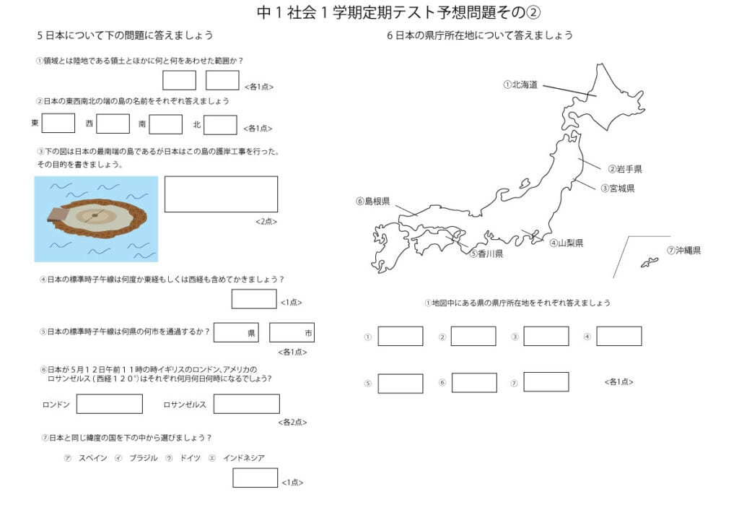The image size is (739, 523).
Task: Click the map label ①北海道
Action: coord(520,85)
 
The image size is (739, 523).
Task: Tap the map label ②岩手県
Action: coord(625,169)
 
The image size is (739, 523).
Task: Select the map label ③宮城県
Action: coord(618,189)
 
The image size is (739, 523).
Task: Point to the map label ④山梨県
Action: coord(566,243)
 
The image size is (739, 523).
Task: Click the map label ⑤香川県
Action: coord(486,254)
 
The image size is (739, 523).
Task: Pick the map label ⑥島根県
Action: coord(373,202)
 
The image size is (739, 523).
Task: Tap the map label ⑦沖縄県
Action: coord(684,251)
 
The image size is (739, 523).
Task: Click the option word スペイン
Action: coord(93,458)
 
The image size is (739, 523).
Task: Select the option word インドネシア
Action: coord(244,458)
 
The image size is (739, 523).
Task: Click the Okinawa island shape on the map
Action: coord(649,263)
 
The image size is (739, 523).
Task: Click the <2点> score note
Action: coord(266,222)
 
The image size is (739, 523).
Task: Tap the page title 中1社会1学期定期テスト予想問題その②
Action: coord(398,13)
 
